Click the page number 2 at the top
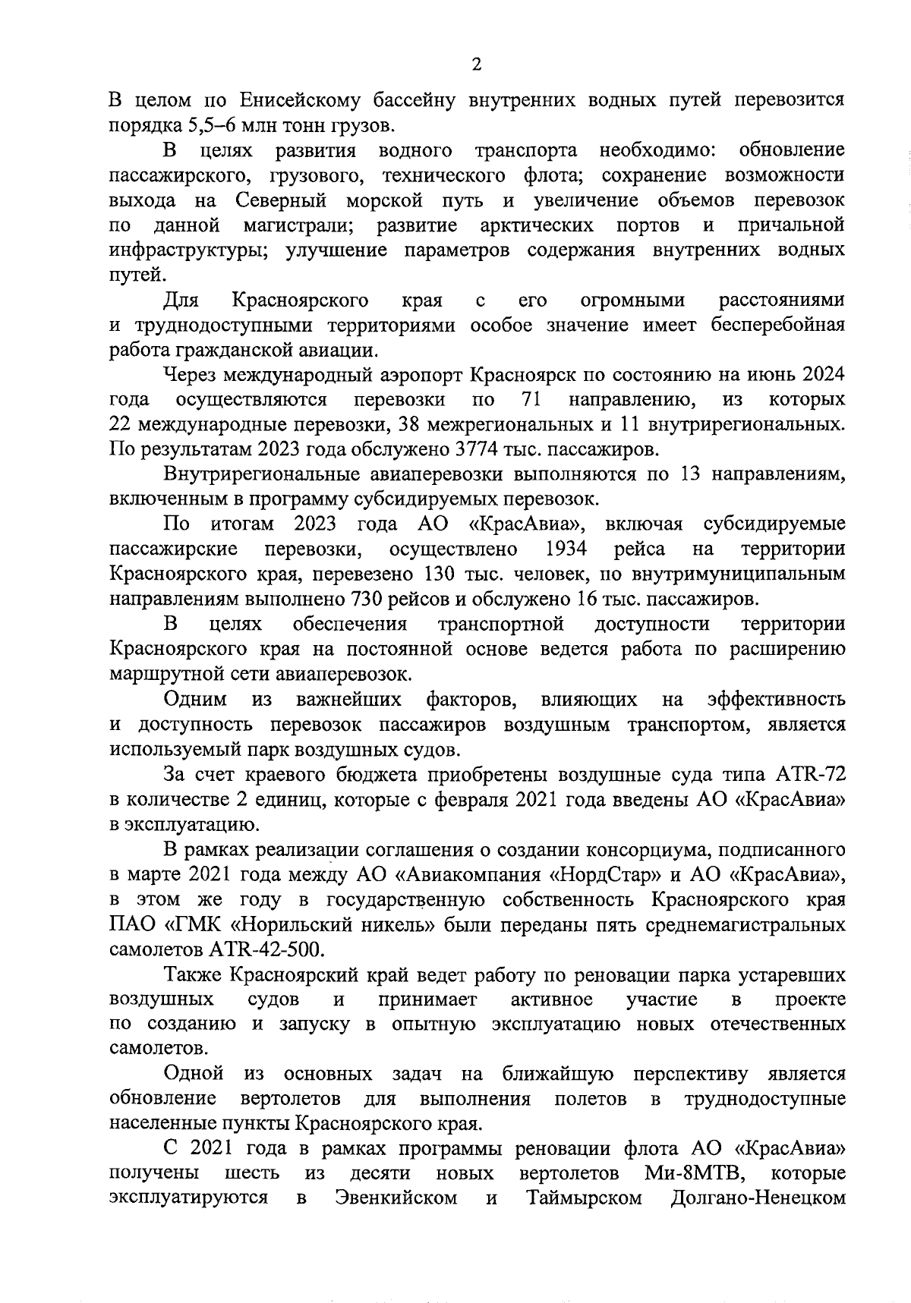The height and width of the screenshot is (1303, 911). click(476, 65)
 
